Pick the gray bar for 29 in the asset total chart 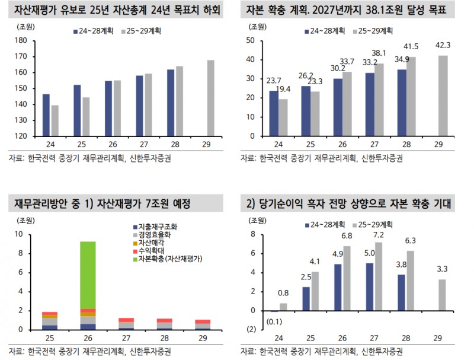point(211,98)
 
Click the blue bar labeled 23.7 point(273,113)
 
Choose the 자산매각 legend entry point(153,243)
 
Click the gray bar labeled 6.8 point(347,278)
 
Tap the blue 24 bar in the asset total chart point(46,115)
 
